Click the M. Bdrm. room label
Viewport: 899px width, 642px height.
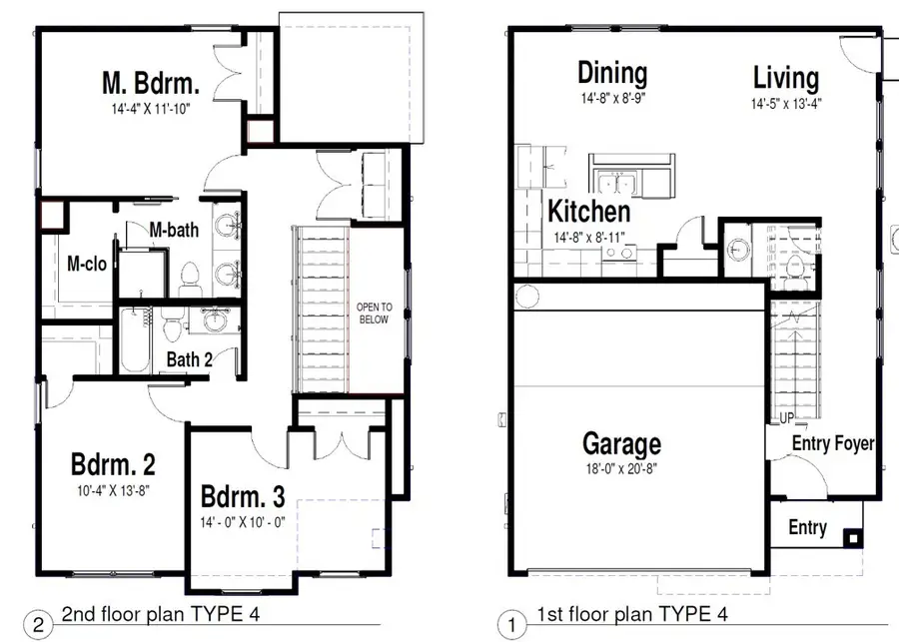coord(151,83)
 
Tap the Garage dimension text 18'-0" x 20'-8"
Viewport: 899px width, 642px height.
coord(621,469)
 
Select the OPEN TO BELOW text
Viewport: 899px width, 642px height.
coord(374,313)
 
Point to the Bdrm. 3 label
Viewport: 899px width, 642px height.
coord(243,496)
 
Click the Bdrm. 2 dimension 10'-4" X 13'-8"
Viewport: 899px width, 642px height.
coord(114,490)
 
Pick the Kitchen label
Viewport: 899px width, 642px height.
coord(588,211)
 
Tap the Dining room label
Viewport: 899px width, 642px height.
coord(613,73)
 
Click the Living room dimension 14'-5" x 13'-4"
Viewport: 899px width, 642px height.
coord(787,104)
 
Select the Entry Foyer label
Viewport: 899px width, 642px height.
coord(833,443)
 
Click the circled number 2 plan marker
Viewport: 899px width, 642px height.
coord(38,624)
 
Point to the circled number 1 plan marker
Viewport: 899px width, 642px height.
coord(511,624)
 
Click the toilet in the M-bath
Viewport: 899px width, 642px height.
coord(189,278)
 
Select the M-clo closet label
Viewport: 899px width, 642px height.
coord(87,264)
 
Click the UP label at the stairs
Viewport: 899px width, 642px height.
coord(787,418)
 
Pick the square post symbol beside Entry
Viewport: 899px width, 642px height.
coord(853,539)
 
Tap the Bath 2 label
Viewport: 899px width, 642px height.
coord(189,359)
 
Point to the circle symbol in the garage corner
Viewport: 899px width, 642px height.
coord(526,297)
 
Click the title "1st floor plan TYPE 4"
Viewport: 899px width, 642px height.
coord(632,614)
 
